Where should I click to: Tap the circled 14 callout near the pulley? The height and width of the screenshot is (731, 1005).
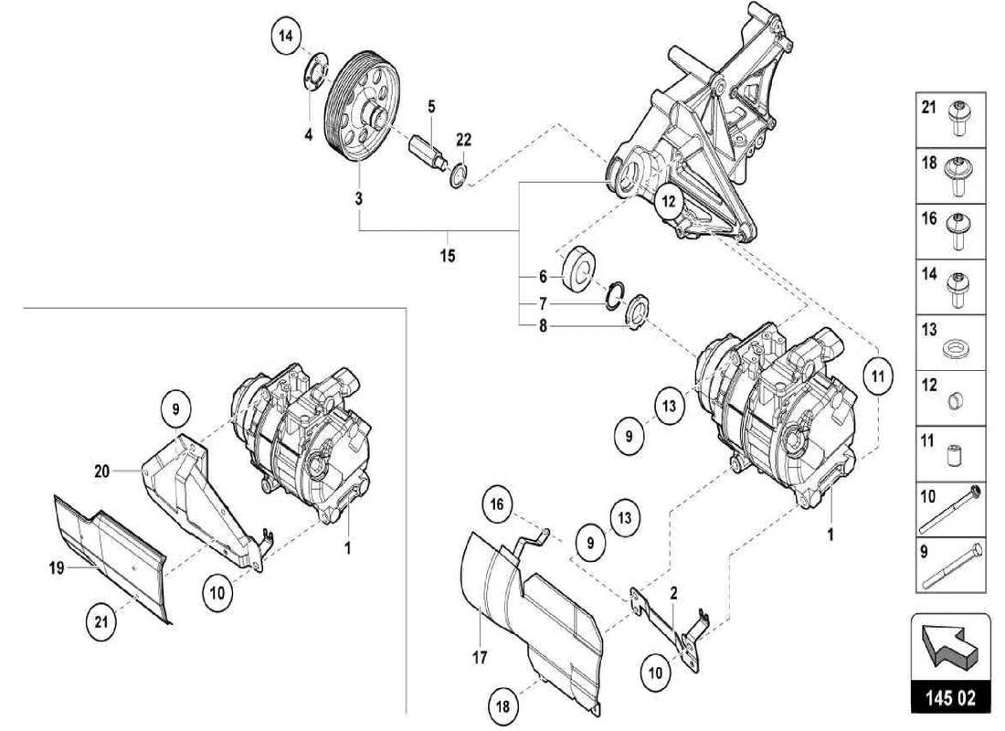click(286, 37)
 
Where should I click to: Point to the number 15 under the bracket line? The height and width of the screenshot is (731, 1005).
click(448, 256)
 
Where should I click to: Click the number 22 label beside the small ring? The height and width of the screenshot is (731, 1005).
click(464, 139)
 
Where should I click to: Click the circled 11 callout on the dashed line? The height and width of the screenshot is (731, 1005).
click(877, 376)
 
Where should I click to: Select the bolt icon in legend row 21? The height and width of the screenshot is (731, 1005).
click(959, 117)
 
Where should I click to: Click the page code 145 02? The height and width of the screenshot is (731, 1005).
click(949, 699)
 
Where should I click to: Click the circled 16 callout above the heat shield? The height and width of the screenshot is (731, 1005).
click(495, 503)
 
